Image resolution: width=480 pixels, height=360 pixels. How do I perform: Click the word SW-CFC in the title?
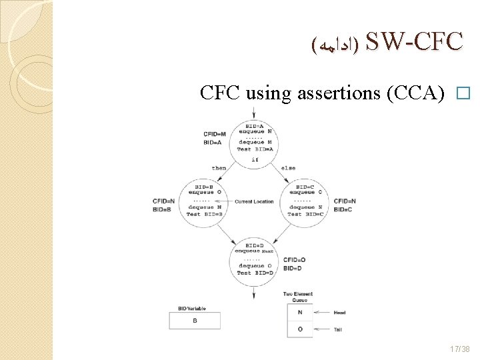414,42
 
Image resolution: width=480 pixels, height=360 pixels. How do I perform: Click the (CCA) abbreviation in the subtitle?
415,93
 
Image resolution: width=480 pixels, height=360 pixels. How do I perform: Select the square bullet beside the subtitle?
465,94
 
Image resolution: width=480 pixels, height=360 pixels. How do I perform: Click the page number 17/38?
461,349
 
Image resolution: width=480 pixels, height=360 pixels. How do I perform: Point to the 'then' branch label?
219,168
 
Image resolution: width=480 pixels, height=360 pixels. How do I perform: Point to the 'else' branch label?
289,168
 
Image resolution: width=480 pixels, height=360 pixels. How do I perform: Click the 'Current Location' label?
254,201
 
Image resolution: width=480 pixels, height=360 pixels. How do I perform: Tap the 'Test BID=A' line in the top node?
254,149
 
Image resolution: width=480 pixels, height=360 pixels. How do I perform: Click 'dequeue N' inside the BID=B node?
203,207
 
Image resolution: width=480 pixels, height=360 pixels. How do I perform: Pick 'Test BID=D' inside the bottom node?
254,273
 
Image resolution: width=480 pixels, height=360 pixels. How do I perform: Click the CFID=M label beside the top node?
215,134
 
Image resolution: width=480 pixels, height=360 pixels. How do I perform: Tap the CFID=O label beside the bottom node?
294,260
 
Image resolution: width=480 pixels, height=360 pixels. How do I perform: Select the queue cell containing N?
299,312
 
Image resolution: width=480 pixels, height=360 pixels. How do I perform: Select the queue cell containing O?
299,329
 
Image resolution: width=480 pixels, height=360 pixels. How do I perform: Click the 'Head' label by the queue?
339,312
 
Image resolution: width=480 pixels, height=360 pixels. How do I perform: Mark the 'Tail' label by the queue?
338,329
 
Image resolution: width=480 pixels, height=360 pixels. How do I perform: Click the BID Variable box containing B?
195,321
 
